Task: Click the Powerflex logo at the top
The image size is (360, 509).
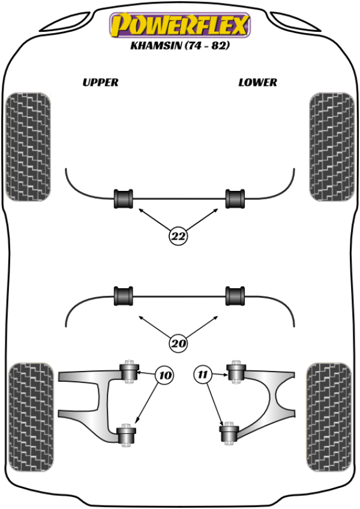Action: tap(180, 25)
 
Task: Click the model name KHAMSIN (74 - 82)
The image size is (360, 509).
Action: tap(180, 45)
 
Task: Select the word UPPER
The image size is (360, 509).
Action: tap(100, 82)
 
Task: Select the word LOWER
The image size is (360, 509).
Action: tap(258, 82)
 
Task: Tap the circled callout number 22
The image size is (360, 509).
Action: tap(178, 236)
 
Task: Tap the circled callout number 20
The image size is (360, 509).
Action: tap(178, 343)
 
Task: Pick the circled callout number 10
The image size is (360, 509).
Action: tap(164, 375)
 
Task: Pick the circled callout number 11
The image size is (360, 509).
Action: tap(202, 375)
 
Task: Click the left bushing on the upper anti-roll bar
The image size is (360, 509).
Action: tap(124, 199)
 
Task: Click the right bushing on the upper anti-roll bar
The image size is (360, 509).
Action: tap(235, 199)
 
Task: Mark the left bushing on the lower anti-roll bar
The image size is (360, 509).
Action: tap(124, 296)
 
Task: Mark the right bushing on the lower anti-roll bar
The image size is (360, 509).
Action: tap(235, 296)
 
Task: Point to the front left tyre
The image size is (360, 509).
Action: tap(28, 146)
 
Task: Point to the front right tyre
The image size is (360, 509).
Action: tap(332, 146)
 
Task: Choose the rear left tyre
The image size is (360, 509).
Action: tap(31, 417)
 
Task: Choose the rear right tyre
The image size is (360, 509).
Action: tap(329, 417)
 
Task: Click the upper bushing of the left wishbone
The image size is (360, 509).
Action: tap(129, 372)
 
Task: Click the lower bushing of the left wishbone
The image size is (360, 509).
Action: tap(126, 435)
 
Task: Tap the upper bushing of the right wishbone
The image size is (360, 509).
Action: tap(236, 372)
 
